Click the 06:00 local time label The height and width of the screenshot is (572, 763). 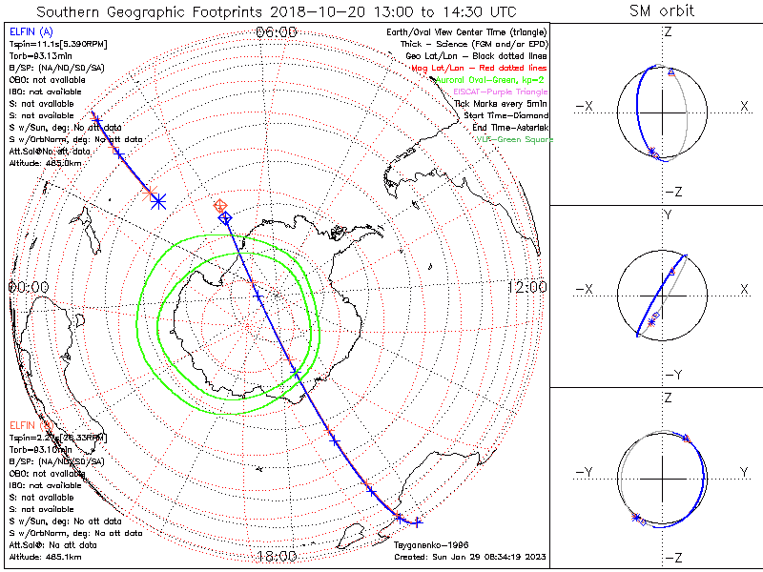277,31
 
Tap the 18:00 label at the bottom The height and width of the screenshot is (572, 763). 277,556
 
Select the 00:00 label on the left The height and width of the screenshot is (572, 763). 29,286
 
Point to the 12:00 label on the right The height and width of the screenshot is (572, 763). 526,286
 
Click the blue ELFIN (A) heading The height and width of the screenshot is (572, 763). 31,32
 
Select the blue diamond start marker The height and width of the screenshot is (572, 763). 225,218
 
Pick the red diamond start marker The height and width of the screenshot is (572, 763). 220,205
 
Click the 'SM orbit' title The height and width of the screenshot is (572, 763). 662,11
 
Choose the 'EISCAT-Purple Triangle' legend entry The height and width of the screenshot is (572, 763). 501,92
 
